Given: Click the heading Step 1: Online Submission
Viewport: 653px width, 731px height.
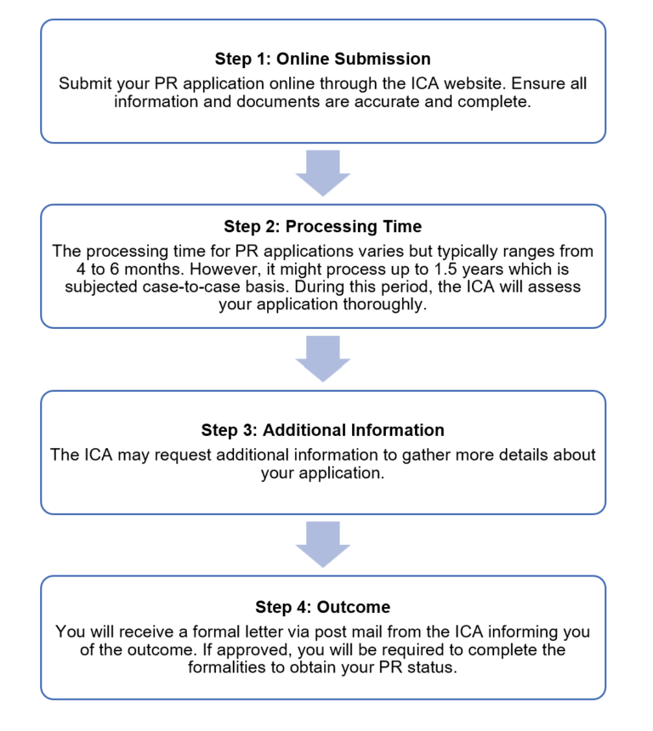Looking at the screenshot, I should (322, 59).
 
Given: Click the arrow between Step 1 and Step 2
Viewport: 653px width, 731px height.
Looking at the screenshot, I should (322, 173).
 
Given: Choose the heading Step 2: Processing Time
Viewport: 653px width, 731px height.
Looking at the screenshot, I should (322, 226).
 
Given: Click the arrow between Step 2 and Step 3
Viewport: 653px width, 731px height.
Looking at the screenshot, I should (322, 359).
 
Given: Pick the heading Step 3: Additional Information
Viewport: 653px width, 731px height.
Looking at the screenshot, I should (322, 430).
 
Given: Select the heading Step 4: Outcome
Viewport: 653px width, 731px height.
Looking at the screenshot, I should (322, 607).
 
